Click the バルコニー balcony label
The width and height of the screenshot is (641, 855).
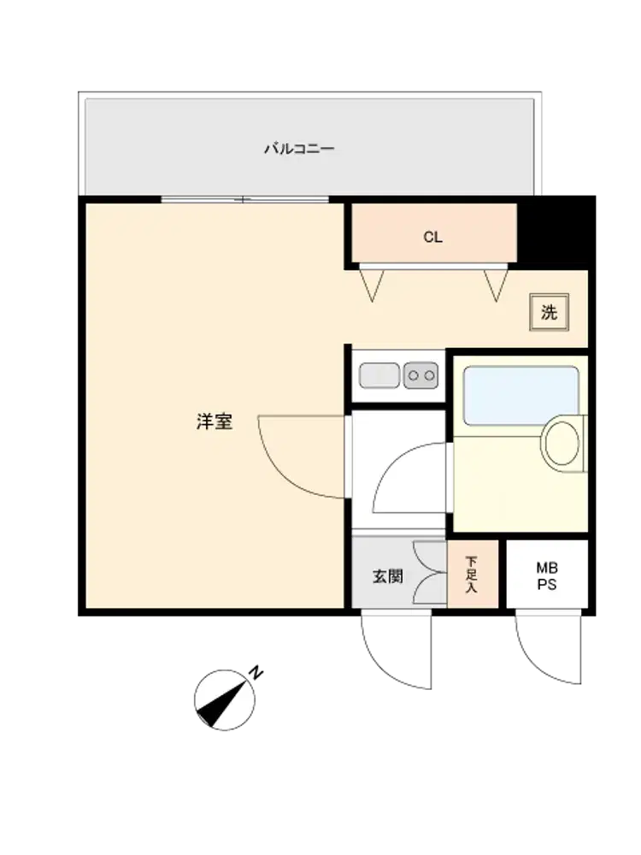[x=299, y=148]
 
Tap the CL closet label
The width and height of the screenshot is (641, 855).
[x=432, y=237]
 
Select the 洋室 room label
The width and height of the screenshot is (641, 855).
[x=215, y=422]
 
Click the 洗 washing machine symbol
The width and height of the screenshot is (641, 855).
[x=550, y=312]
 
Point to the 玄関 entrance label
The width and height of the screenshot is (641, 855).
[x=388, y=576]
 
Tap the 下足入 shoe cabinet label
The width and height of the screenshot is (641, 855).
[x=472, y=575]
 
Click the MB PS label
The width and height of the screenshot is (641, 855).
[x=547, y=576]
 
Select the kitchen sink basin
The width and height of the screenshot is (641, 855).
[x=379, y=375]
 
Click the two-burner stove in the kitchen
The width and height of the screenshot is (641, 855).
[x=420, y=375]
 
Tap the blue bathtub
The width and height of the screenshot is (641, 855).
[x=520, y=396]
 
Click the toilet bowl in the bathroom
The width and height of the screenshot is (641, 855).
[x=562, y=443]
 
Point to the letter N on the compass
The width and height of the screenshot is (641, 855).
[x=256, y=672]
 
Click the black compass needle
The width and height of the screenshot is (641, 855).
[x=221, y=703]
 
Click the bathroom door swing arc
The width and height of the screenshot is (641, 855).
[x=391, y=463]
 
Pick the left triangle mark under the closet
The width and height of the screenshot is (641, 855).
[x=373, y=286]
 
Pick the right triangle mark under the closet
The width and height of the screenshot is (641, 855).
[x=496, y=286]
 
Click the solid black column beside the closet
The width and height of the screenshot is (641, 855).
[x=555, y=233]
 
